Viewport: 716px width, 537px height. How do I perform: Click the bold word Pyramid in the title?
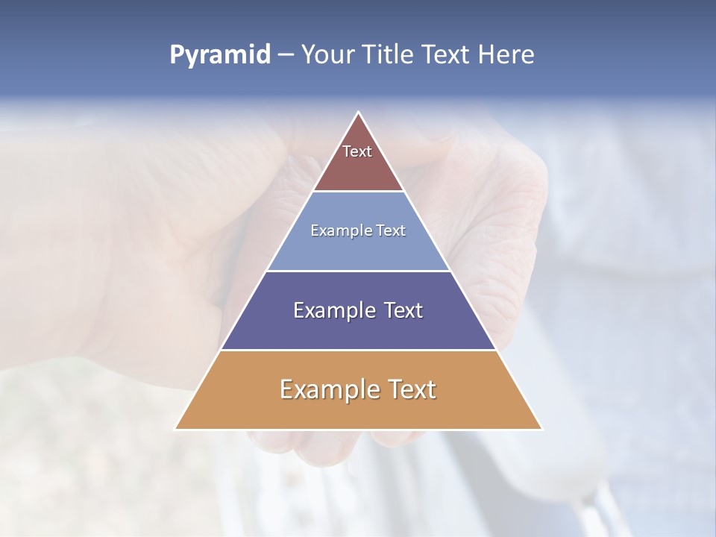pyautogui.click(x=220, y=55)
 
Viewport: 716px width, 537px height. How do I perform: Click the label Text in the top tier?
pyautogui.click(x=357, y=151)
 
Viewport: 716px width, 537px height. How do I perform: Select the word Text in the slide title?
pyautogui.click(x=446, y=55)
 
